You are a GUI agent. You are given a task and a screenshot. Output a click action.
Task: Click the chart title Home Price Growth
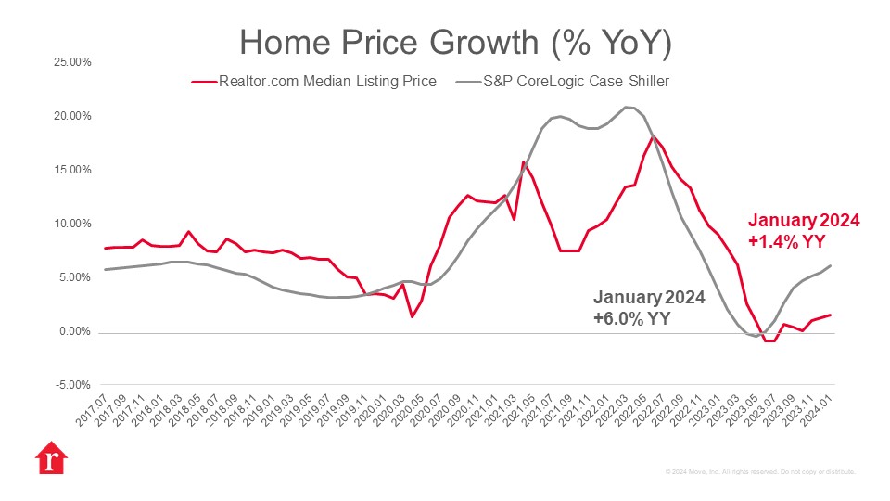click(x=455, y=43)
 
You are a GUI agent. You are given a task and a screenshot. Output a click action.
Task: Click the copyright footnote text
click(x=759, y=471)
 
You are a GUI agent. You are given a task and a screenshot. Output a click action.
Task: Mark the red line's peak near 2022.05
click(x=654, y=136)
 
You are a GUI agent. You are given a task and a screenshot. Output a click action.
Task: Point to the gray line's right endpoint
click(x=830, y=266)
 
